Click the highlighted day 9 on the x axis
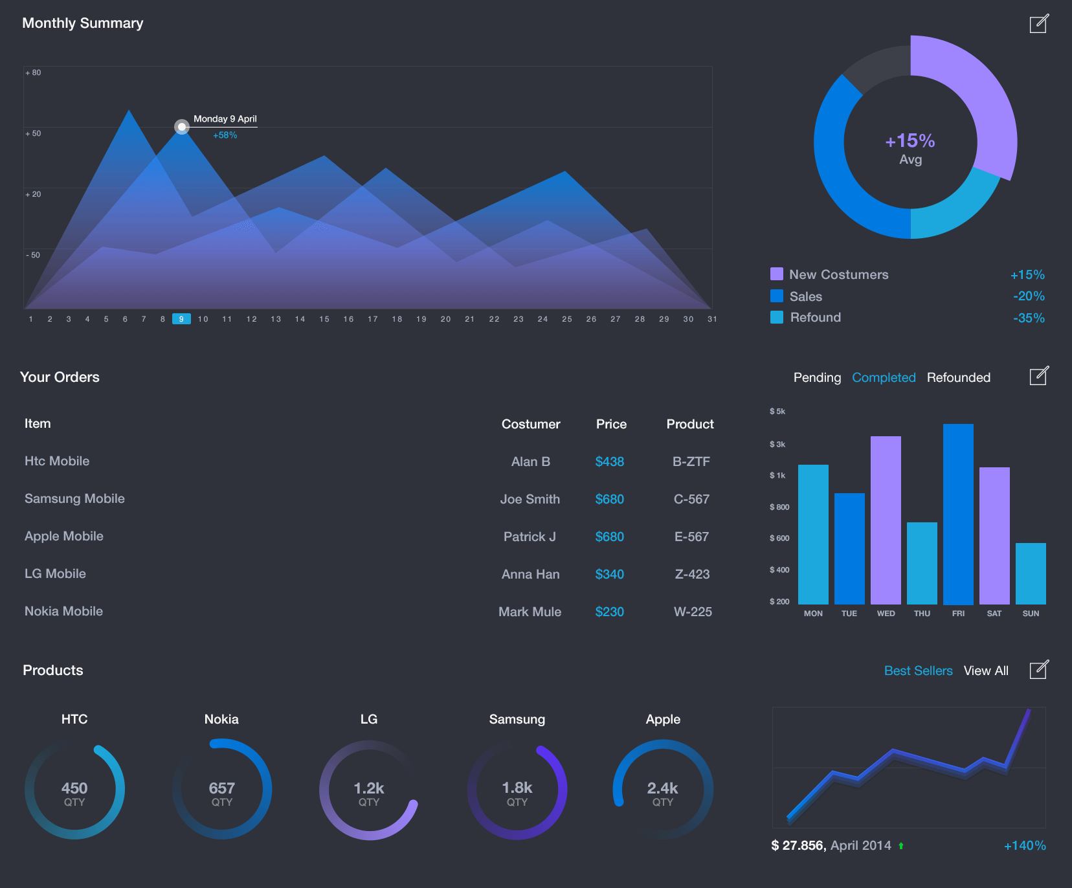(181, 319)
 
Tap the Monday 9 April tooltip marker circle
(182, 127)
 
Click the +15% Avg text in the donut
(910, 148)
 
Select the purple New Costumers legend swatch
(777, 274)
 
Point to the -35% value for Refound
(1029, 318)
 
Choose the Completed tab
(884, 377)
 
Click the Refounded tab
(958, 377)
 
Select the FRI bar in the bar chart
(958, 514)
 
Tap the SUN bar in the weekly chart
(1031, 573)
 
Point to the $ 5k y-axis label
(777, 412)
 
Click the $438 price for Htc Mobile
(609, 461)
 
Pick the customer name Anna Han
(530, 574)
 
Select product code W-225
(692, 612)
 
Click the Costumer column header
(531, 424)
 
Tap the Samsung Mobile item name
(74, 499)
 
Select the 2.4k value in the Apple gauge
(662, 788)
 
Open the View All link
(985, 671)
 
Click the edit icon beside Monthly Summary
(1038, 24)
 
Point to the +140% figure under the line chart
(1024, 846)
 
